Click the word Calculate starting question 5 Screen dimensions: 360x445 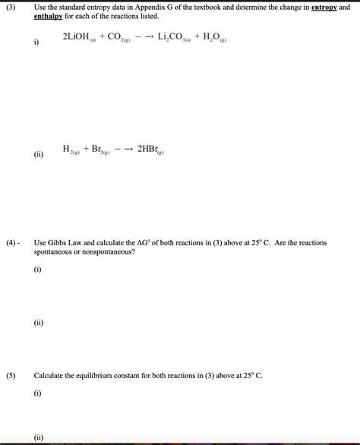coord(49,376)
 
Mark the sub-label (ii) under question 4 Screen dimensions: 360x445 coord(38,323)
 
